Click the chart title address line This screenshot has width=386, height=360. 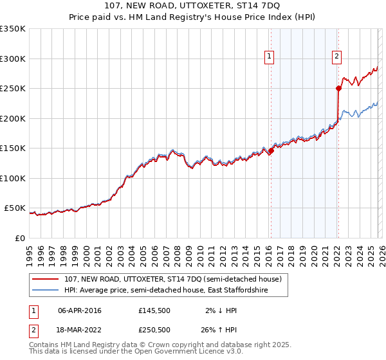pyautogui.click(x=192, y=6)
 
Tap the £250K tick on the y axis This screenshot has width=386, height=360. pyautogui.click(x=13, y=88)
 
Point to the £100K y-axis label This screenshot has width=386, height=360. pyautogui.click(x=13, y=178)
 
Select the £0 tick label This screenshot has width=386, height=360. pyautogui.click(x=19, y=238)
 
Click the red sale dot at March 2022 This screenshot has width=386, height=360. pyautogui.click(x=338, y=88)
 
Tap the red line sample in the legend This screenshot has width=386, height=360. pyautogui.click(x=46, y=280)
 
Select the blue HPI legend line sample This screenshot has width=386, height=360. pyautogui.click(x=46, y=291)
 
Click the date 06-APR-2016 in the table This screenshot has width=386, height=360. pyautogui.click(x=80, y=310)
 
